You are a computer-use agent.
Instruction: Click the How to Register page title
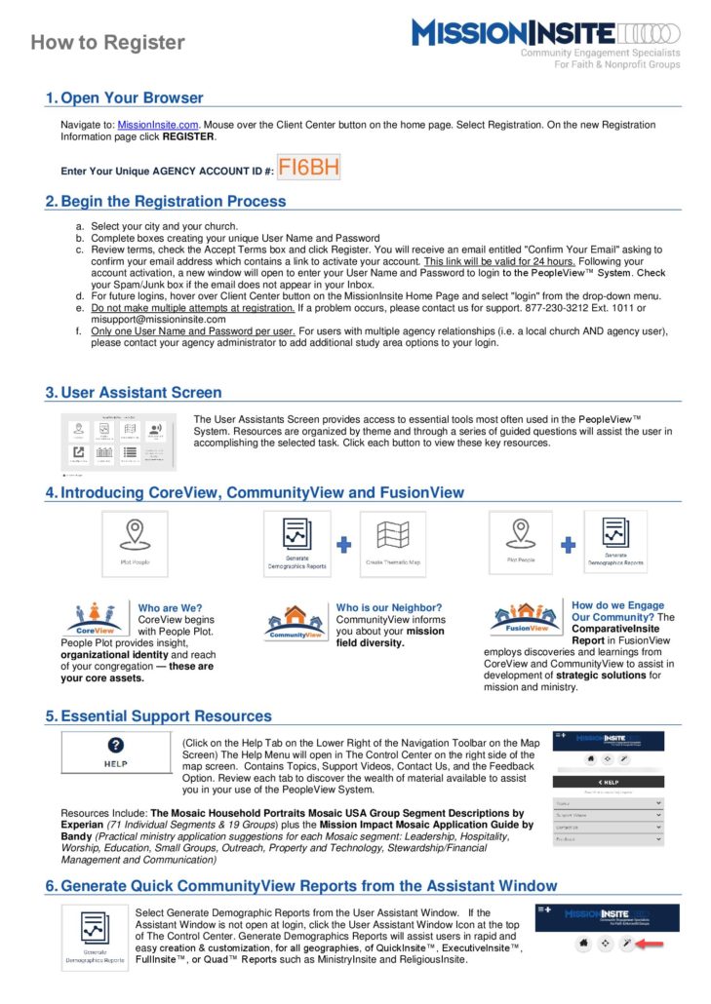107,43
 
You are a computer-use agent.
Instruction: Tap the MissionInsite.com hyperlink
158,125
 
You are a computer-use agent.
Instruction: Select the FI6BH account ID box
309,168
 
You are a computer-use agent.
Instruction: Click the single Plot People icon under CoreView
135,544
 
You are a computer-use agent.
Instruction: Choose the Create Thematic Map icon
392,544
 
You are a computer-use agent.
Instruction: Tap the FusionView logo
524,620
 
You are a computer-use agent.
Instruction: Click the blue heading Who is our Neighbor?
388,607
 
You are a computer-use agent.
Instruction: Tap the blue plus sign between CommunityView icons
343,544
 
